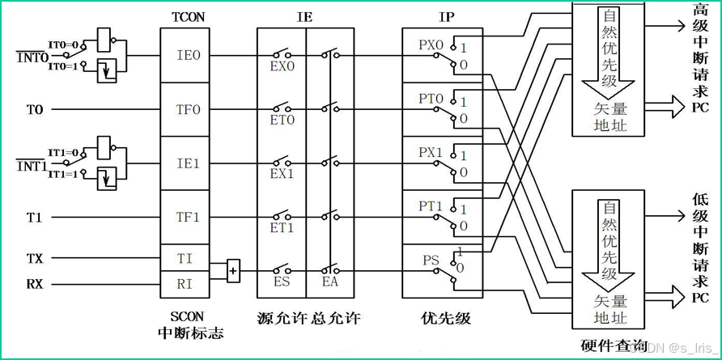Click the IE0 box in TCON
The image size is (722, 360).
pos(188,56)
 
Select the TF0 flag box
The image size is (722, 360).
pos(188,109)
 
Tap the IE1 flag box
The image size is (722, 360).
pos(188,163)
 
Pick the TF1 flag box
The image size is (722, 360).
pos(188,217)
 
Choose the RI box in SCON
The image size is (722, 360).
pos(185,283)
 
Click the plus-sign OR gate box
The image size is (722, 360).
pos(233,270)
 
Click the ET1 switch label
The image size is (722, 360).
pos(282,228)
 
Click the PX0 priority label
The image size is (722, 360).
pos(431,46)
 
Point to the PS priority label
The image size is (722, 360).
pos(430,260)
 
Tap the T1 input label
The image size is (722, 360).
pos(34,217)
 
